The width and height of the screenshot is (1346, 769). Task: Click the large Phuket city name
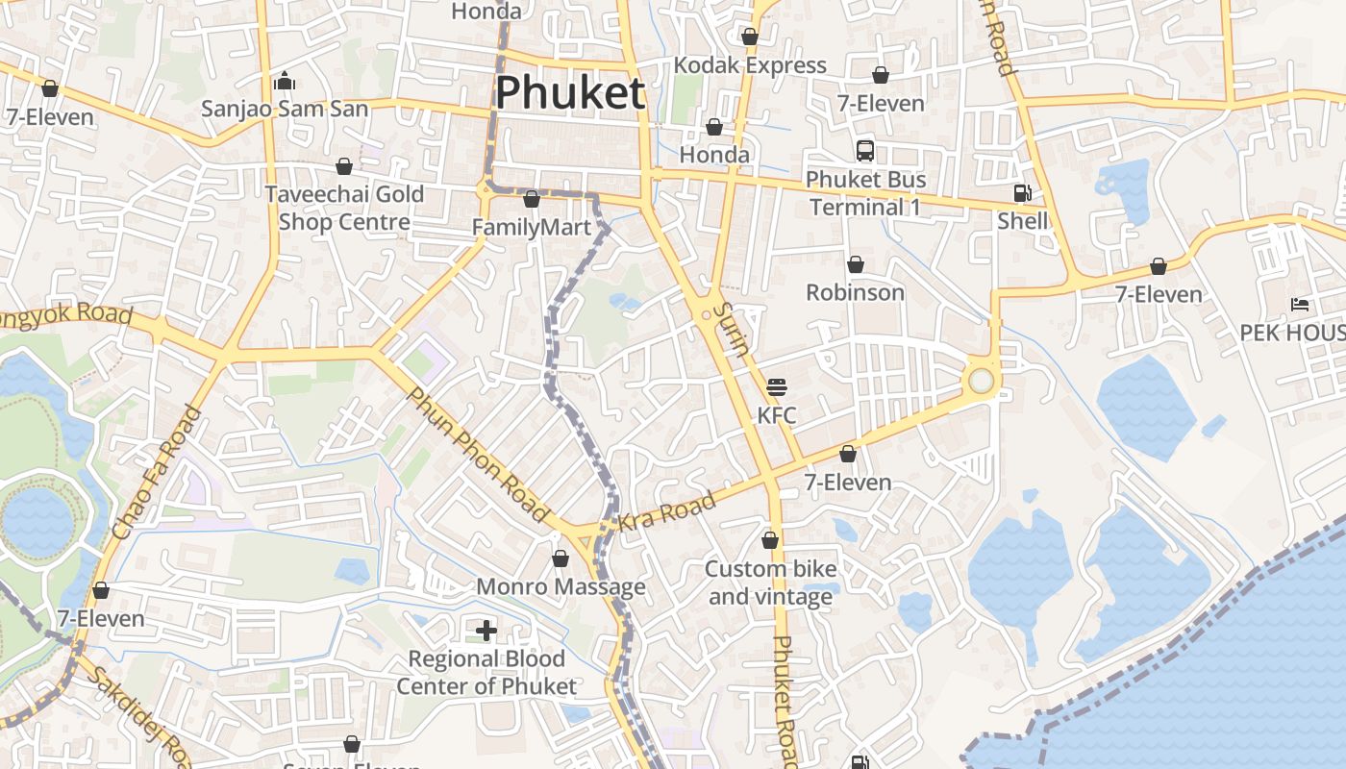569,93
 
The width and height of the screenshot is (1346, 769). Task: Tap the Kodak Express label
750,65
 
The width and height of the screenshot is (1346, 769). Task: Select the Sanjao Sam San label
285,109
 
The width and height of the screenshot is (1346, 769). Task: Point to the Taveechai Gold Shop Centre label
344,208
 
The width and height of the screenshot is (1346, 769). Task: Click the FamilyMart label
531,228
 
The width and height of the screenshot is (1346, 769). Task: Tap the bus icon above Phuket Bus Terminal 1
865,151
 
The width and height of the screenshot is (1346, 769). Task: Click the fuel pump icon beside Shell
1022,193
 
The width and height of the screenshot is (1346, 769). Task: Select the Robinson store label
855,292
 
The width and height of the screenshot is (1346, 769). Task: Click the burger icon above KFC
777,387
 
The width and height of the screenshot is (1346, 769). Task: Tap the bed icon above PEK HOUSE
1300,306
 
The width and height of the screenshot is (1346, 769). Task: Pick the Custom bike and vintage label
770,583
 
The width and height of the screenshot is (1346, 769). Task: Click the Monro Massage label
561,586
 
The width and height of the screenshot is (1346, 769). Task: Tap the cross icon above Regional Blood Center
486,631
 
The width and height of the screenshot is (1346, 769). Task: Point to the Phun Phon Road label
477,455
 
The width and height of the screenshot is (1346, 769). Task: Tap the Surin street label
734,329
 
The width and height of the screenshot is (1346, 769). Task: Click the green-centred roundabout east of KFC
981,381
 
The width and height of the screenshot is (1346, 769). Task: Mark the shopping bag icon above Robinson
855,264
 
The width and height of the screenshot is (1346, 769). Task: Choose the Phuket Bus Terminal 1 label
865,193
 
